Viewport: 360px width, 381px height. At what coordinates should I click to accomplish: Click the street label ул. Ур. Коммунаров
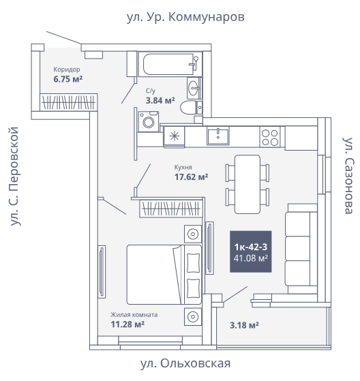(x=185, y=17)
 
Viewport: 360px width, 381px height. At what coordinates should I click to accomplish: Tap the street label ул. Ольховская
(x=185, y=363)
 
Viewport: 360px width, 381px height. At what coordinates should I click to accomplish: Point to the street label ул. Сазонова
(x=348, y=176)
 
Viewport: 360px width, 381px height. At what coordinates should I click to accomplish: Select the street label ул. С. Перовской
(x=14, y=177)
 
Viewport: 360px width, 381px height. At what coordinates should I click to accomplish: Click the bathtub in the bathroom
(x=170, y=64)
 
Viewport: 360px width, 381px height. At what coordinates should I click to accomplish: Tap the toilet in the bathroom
(x=192, y=108)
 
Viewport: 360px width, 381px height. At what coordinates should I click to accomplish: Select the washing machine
(x=148, y=121)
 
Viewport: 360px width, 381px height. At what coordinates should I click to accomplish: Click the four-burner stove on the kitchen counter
(x=270, y=137)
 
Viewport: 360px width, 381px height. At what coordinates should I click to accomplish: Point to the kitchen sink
(x=218, y=136)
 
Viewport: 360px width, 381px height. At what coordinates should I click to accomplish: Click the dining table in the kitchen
(x=247, y=185)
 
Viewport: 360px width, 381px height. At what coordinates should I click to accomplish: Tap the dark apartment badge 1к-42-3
(x=251, y=252)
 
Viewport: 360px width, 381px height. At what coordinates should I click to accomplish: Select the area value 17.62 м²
(x=191, y=177)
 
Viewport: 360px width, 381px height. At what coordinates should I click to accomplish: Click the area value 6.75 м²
(x=68, y=79)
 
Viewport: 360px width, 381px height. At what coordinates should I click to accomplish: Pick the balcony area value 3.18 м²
(x=244, y=325)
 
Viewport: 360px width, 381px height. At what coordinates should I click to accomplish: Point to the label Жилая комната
(x=134, y=315)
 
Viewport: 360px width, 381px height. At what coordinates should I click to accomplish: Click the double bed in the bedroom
(x=164, y=275)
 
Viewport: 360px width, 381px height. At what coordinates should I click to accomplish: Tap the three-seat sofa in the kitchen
(x=301, y=249)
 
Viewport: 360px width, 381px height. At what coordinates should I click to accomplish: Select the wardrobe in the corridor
(x=69, y=102)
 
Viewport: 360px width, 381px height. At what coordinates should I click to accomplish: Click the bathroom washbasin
(x=194, y=88)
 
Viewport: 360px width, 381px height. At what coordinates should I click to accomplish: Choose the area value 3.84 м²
(x=160, y=100)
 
